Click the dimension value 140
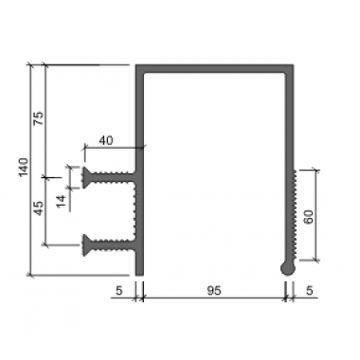point(24,167)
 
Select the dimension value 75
point(39,118)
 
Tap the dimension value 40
point(106,140)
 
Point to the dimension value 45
point(39,208)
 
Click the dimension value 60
point(309,217)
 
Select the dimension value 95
point(214,291)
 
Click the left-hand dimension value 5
point(118,291)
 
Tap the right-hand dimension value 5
point(310,291)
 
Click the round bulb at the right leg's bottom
point(288,269)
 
